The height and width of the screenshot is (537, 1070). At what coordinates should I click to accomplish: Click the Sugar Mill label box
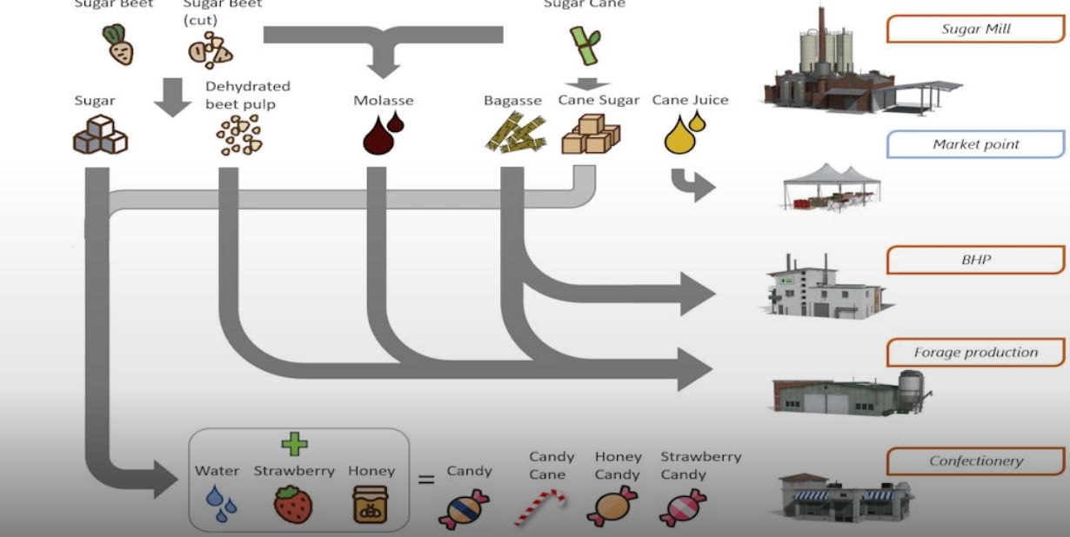(x=975, y=29)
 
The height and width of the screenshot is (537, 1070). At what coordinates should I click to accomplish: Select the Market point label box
(x=975, y=144)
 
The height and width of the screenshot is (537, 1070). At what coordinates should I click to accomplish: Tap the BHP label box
(x=975, y=260)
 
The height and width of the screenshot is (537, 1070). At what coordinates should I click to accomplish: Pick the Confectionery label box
(x=975, y=461)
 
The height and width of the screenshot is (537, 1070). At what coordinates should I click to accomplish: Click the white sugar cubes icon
(x=99, y=136)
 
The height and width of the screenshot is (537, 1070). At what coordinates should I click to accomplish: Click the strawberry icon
(x=293, y=505)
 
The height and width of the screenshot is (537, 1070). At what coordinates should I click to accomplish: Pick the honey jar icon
(x=371, y=505)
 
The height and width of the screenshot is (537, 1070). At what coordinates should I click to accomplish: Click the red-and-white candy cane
(x=538, y=507)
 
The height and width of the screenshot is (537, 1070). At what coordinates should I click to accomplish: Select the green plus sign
(x=294, y=445)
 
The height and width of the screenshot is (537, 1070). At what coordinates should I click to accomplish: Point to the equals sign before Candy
(x=426, y=478)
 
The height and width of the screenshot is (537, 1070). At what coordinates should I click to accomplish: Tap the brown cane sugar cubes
(x=590, y=135)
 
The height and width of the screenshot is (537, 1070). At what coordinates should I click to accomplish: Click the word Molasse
(x=383, y=101)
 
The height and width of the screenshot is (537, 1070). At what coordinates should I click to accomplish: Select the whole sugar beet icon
(x=118, y=45)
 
